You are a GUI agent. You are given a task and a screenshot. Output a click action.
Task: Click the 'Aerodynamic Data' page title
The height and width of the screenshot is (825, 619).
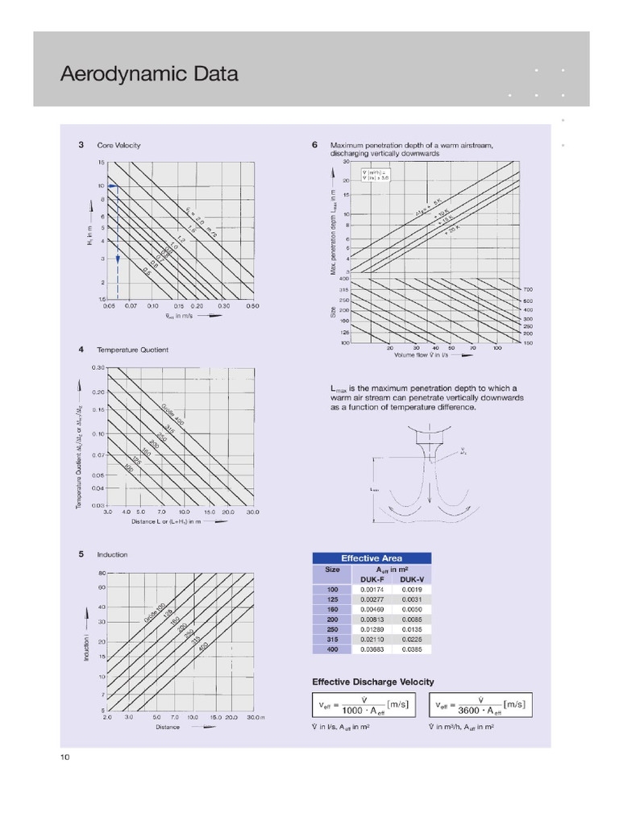(149, 75)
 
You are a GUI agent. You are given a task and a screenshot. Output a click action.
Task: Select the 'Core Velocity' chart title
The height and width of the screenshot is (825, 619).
(118, 145)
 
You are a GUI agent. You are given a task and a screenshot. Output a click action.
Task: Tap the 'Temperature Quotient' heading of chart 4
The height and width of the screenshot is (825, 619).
(133, 350)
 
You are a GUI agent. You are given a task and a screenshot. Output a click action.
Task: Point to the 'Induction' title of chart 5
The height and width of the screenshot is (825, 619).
(112, 554)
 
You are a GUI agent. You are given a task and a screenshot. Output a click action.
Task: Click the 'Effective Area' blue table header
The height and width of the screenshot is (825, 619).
(372, 558)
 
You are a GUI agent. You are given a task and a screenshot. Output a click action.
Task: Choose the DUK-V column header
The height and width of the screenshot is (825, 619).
(412, 579)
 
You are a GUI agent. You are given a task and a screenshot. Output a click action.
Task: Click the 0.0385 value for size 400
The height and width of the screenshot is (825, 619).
(412, 649)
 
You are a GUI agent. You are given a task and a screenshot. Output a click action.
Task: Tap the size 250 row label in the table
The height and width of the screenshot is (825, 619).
(332, 629)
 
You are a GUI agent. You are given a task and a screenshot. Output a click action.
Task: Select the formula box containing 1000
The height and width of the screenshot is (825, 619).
(362, 705)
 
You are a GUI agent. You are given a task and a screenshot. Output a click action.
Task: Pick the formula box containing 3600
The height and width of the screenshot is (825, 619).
(480, 705)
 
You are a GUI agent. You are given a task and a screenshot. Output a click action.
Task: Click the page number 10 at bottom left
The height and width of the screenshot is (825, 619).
(65, 757)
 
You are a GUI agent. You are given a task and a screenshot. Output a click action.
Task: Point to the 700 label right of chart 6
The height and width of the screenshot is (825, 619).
(528, 288)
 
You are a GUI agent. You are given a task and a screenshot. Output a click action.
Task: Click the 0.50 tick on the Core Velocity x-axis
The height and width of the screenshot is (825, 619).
(253, 306)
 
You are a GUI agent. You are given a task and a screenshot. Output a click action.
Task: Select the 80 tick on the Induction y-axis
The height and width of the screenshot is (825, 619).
(102, 573)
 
